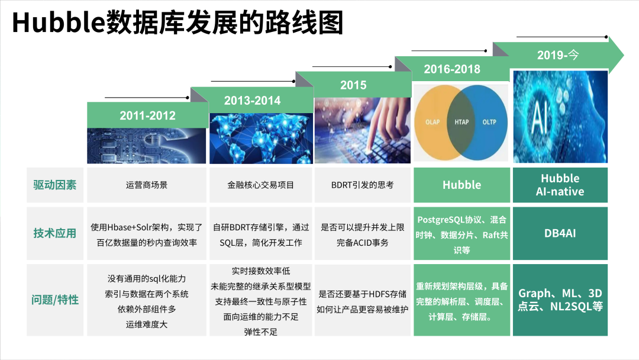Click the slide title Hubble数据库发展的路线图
[x=177, y=22]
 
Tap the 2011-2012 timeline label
[x=147, y=116]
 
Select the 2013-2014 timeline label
[x=252, y=101]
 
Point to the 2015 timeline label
[x=353, y=85]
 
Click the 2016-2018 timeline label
[x=452, y=69]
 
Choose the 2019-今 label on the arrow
[x=558, y=54]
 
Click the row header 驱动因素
[x=54, y=185]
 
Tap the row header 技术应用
[x=54, y=233]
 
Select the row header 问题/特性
[x=54, y=300]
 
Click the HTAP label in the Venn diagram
[x=461, y=122]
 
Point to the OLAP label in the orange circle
[x=433, y=122]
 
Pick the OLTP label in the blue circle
[x=489, y=122]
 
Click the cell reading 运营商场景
[x=147, y=185]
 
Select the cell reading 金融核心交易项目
[x=261, y=185]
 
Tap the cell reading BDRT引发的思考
[x=362, y=185]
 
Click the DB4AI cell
[x=560, y=233]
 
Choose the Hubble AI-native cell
[x=560, y=185]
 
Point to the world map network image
[x=261, y=138]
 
